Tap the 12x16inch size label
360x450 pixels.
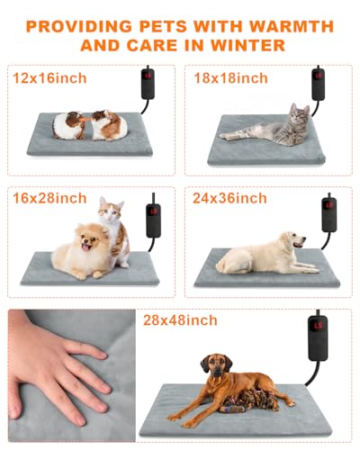pyautogui.click(x=50, y=78)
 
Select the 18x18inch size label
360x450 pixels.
pyautogui.click(x=231, y=78)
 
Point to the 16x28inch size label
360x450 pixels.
pyautogui.click(x=50, y=197)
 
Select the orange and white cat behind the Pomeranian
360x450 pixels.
pyautogui.click(x=114, y=225)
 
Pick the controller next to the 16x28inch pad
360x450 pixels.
pyautogui.click(x=154, y=220)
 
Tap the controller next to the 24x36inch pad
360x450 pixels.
pyautogui.click(x=330, y=215)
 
